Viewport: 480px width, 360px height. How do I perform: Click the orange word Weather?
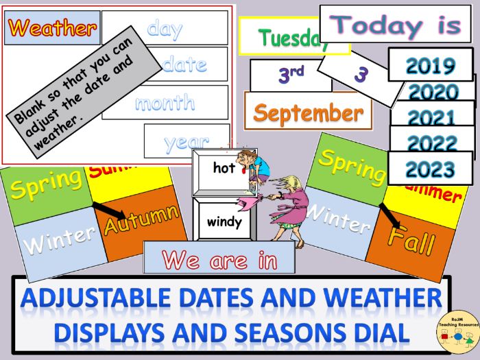(x=52, y=29)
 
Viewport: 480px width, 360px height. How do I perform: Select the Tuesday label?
(x=291, y=38)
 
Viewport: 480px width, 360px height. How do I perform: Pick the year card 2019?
(x=430, y=65)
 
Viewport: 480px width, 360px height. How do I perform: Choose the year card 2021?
(x=433, y=117)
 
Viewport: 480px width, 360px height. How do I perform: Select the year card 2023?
(x=430, y=169)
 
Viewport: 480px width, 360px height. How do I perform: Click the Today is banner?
(x=400, y=25)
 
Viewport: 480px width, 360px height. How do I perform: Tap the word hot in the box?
(x=224, y=168)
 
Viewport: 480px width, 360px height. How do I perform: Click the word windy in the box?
(x=224, y=222)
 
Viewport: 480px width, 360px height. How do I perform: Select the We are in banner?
(x=219, y=260)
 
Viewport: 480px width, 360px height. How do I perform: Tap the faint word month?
(x=165, y=103)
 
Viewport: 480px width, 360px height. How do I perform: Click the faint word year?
(x=186, y=142)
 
